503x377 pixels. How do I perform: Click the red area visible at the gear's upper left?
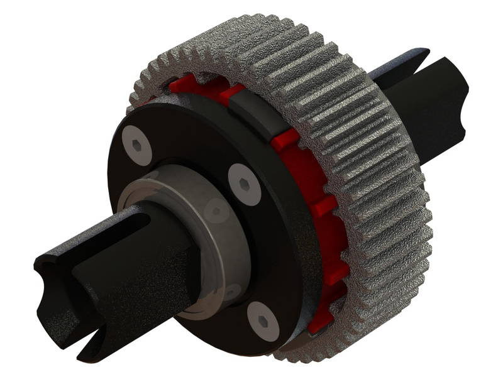(x=189, y=88)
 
